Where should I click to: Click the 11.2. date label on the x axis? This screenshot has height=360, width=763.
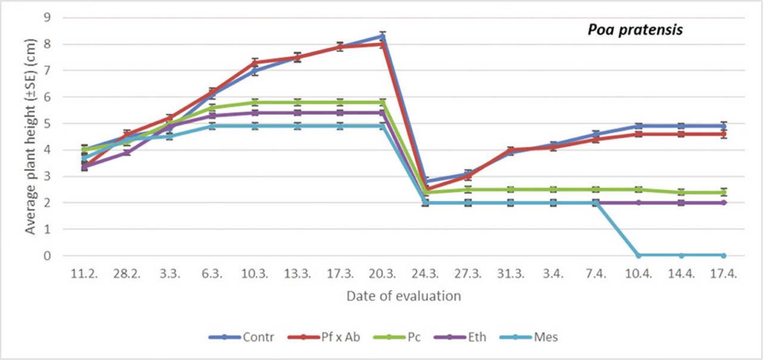point(84,273)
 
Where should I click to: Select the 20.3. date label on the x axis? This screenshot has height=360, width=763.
point(383,273)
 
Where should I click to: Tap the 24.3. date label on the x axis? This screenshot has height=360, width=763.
point(425,273)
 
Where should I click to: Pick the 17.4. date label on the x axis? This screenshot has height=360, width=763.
point(724,273)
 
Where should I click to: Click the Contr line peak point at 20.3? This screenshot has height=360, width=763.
point(383,36)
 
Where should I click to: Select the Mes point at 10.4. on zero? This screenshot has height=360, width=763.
point(638,255)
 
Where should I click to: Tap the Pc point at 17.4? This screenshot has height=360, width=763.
point(724,192)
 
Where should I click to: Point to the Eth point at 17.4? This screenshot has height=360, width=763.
point(724,203)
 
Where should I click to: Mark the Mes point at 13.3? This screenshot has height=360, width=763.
point(297,126)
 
